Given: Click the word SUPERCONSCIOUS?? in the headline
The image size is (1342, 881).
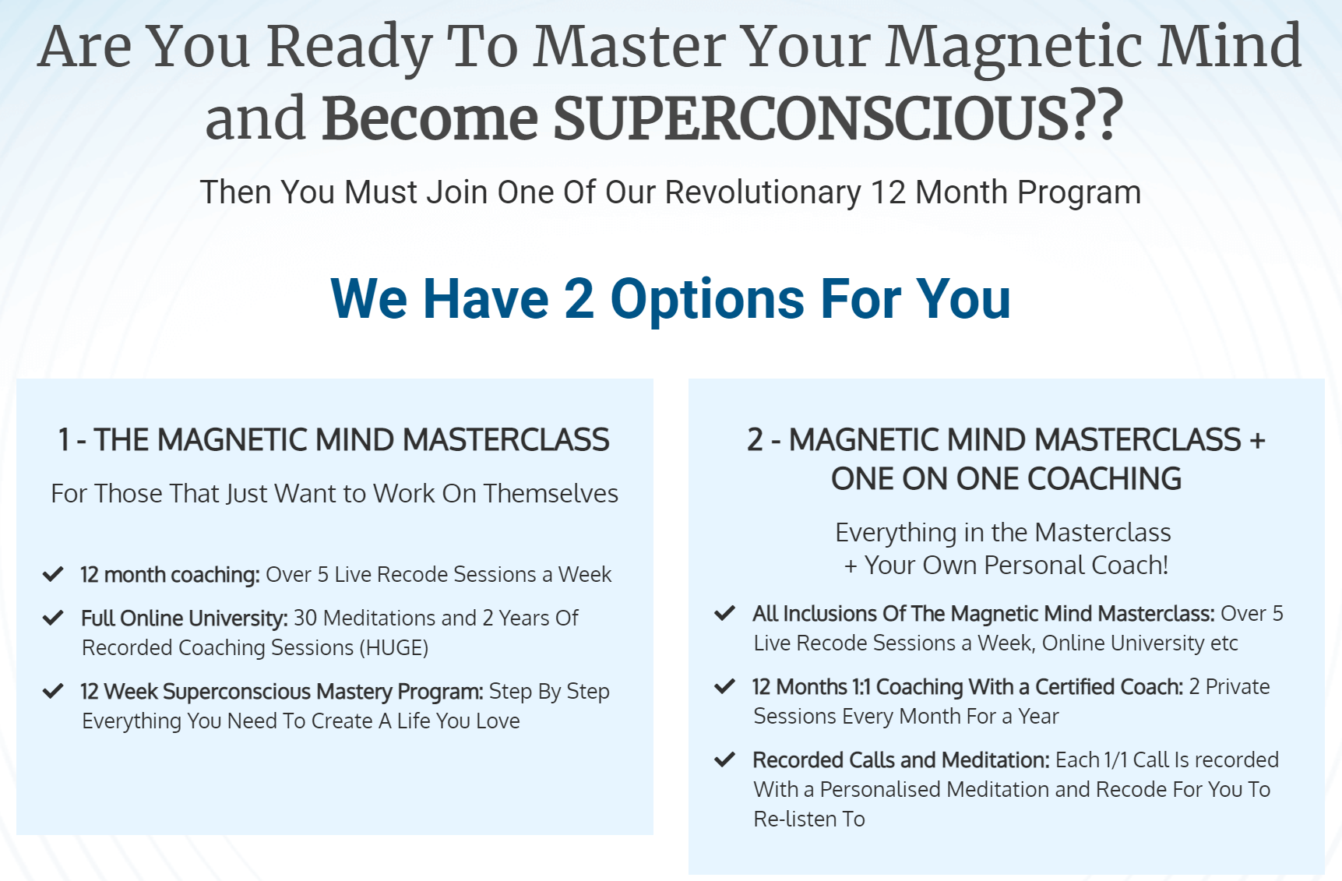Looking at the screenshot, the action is pyautogui.click(x=838, y=118).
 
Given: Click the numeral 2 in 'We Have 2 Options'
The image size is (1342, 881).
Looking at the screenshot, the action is pyautogui.click(x=579, y=298).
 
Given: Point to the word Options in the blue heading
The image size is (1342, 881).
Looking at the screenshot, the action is pyautogui.click(x=707, y=300).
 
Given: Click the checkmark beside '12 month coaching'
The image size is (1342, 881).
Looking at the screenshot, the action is pyautogui.click(x=53, y=575).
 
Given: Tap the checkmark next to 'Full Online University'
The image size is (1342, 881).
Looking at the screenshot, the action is pyautogui.click(x=53, y=618).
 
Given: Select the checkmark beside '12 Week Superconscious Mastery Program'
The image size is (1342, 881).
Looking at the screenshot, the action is pyautogui.click(x=53, y=692).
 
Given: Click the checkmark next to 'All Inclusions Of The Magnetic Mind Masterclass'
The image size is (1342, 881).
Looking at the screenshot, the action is pyautogui.click(x=725, y=614).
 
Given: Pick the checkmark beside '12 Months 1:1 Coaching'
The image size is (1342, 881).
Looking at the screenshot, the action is pyautogui.click(x=725, y=687).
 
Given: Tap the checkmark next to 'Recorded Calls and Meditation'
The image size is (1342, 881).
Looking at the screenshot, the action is pyautogui.click(x=725, y=760).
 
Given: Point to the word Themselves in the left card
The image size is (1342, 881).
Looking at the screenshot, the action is pyautogui.click(x=551, y=494).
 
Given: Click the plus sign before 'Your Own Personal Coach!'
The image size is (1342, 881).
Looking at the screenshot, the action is pyautogui.click(x=851, y=566).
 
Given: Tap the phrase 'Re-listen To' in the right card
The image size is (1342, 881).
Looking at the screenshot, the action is pyautogui.click(x=809, y=819).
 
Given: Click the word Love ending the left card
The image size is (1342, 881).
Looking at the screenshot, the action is pyautogui.click(x=498, y=721).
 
